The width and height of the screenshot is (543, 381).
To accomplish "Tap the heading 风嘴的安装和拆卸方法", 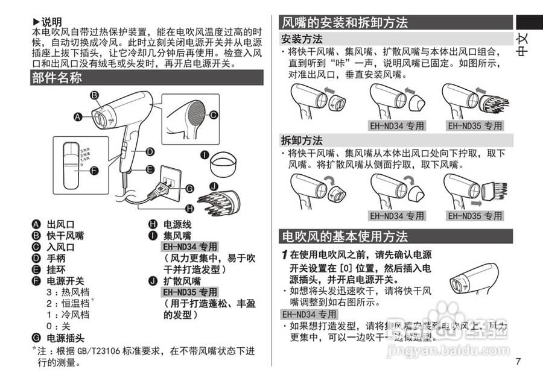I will click(x=345, y=22).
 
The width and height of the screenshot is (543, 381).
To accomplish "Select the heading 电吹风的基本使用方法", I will click(x=345, y=236).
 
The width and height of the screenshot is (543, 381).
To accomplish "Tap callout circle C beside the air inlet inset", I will click(x=213, y=115).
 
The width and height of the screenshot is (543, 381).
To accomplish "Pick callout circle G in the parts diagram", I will click(x=189, y=189).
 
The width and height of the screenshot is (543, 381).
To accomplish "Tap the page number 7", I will click(x=518, y=362).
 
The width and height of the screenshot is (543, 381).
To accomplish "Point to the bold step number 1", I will click(x=284, y=255).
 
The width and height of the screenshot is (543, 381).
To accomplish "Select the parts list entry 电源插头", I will click(x=66, y=338).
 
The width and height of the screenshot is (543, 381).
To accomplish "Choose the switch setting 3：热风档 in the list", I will click(x=68, y=292).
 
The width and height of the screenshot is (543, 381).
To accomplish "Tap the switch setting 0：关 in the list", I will click(x=59, y=326).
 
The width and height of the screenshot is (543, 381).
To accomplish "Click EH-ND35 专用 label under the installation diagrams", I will click(x=475, y=126).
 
